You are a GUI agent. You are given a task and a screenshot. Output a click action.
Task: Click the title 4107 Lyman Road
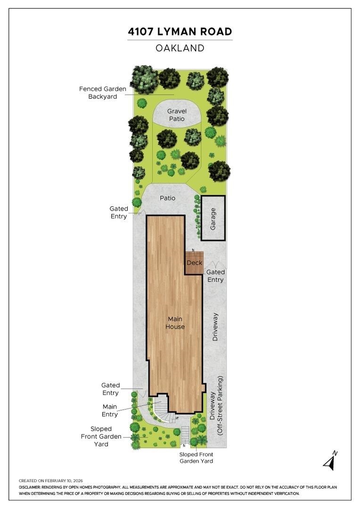[x=180, y=32]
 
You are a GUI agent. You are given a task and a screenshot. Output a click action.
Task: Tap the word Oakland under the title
[x=180, y=48]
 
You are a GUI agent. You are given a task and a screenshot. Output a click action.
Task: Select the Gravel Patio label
[x=177, y=115]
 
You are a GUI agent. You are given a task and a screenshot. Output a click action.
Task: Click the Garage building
[x=213, y=218]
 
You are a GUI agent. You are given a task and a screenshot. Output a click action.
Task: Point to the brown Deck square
[x=195, y=263]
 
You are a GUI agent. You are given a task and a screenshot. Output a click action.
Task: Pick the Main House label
[x=175, y=323]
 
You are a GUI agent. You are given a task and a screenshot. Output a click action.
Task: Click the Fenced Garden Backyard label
[x=103, y=92]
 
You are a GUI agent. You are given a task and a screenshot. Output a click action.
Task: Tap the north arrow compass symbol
[x=330, y=460]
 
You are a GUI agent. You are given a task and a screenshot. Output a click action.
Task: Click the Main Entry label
[x=110, y=410]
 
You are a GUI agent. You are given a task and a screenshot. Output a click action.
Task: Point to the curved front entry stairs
[x=164, y=411]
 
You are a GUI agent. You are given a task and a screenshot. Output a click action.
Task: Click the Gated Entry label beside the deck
[x=215, y=276]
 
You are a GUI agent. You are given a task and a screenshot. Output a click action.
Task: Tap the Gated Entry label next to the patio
[x=119, y=212]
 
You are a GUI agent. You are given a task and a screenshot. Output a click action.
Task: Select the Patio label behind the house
[x=167, y=198]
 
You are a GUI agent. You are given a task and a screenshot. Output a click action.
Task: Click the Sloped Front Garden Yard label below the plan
[x=196, y=458]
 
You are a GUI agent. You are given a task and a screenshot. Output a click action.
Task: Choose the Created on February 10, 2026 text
[x=51, y=481]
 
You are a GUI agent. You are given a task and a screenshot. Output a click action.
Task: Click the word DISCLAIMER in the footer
[x=30, y=487]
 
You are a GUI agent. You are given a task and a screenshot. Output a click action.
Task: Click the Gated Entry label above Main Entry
[x=110, y=389]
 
